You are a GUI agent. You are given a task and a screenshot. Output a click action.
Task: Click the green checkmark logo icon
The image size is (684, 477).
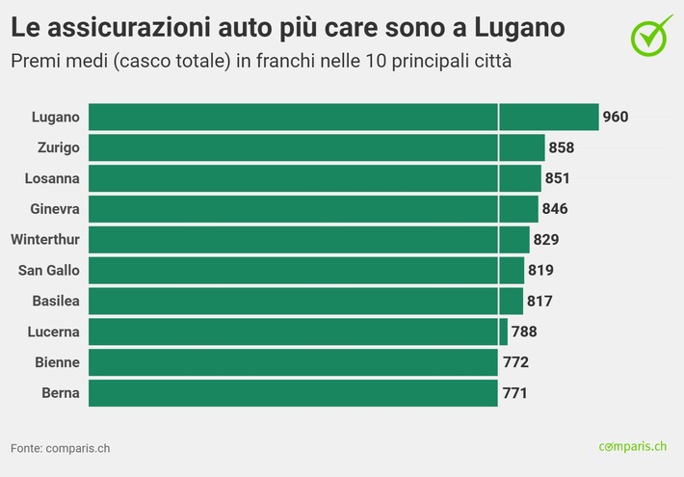tap(651, 34)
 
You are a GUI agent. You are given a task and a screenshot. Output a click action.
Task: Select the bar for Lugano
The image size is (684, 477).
tap(343, 117)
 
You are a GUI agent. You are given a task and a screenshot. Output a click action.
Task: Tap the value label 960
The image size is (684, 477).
tap(615, 118)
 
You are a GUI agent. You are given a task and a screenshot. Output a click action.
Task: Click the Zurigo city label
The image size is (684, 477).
tap(57, 147)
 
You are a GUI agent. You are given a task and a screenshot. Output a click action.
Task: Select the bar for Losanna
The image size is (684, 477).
tap(314, 178)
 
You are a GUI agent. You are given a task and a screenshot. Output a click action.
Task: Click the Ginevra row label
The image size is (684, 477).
tap(55, 209)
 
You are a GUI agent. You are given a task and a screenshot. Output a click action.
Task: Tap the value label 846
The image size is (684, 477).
tap(555, 209)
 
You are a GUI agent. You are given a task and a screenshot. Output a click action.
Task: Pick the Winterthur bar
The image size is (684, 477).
tap(308, 240)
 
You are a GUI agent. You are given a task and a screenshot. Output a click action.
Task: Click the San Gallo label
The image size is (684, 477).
tap(50, 271)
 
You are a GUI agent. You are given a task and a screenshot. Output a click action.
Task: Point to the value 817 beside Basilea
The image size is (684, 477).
tap(539, 302)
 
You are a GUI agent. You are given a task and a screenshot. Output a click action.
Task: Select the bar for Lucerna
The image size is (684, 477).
tap(298, 331)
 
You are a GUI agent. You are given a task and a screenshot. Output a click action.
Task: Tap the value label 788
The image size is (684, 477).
tap(524, 332)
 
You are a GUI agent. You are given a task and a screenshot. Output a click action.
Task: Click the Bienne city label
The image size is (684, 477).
tap(57, 362)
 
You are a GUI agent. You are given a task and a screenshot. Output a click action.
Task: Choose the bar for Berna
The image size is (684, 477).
tap(293, 393)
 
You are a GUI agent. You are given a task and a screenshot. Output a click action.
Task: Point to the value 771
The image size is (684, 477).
tap(514, 393)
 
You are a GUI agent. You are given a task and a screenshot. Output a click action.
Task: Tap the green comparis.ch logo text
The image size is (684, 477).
tap(632, 446)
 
